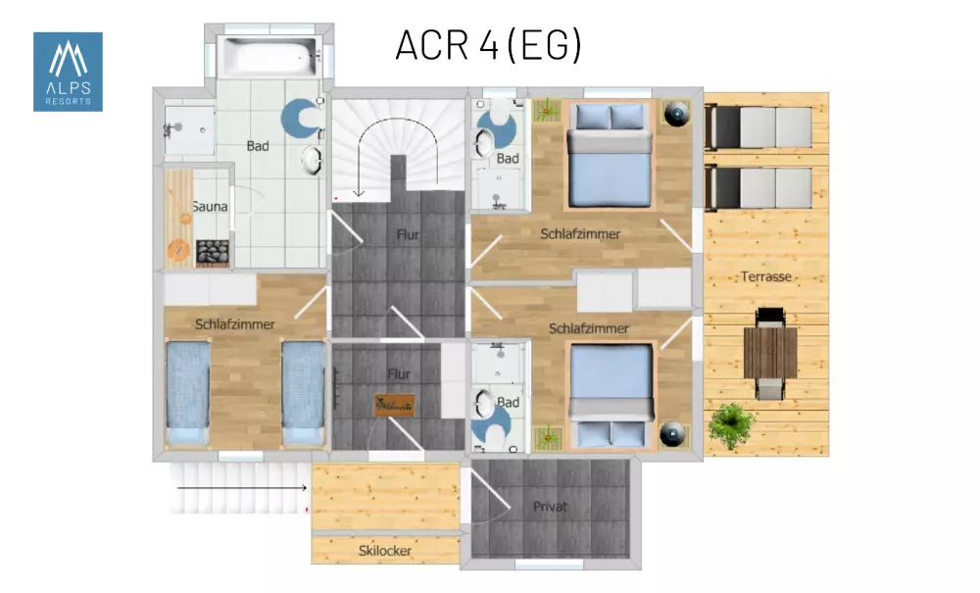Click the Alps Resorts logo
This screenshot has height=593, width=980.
click(69, 72)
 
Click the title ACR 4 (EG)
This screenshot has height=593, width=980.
click(489, 45)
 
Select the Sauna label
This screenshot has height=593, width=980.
click(210, 206)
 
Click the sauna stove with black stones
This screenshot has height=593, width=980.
click(213, 253)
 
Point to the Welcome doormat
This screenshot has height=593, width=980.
click(394, 406)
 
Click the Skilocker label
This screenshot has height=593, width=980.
click(385, 551)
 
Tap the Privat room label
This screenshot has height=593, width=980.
click(550, 506)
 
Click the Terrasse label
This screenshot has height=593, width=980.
click(766, 276)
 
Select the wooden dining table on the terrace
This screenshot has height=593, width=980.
click(770, 353)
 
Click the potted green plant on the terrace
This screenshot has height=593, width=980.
click(731, 425)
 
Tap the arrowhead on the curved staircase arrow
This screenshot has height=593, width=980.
click(358, 192)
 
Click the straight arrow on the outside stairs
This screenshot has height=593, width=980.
click(242, 487)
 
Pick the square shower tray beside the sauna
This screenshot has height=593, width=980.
click(189, 130)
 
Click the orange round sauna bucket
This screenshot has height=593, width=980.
click(178, 250)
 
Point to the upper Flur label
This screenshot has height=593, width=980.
click(408, 235)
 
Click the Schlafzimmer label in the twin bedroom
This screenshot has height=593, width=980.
click(235, 324)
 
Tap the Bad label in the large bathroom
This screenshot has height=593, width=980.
click(258, 146)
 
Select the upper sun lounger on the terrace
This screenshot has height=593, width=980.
click(759, 128)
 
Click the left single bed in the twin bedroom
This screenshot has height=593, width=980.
click(187, 392)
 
